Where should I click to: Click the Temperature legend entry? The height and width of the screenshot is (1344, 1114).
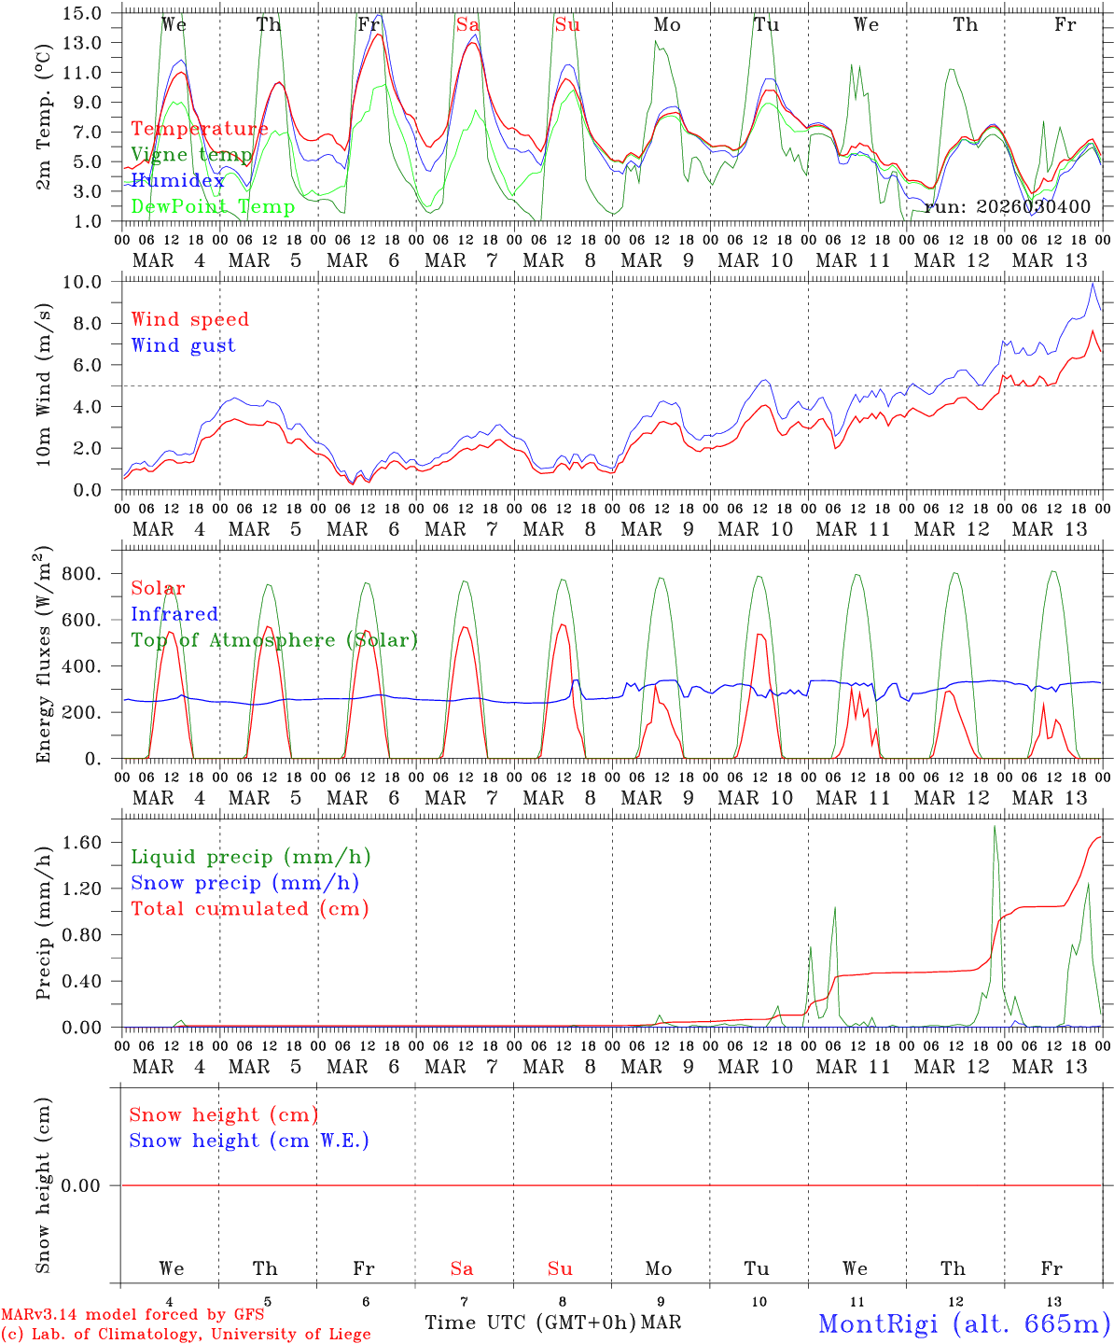[x=200, y=129]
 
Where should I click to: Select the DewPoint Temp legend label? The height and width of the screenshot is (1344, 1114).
[x=213, y=206]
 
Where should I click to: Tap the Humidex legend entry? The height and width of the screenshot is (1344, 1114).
[x=177, y=180]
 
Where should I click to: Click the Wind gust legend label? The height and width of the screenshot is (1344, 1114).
[x=183, y=345]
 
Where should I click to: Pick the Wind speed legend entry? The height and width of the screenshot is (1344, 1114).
[x=189, y=319]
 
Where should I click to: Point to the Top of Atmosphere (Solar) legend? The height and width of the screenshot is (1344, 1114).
[x=273, y=640]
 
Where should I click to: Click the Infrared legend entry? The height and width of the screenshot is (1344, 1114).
[x=174, y=614]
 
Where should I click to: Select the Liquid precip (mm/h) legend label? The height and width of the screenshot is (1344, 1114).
[x=250, y=857]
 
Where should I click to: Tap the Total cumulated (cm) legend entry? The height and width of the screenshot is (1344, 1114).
[x=249, y=908]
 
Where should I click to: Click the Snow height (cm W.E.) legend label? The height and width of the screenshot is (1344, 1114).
[x=249, y=1141]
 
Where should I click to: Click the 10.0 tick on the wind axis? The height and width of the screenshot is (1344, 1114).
[x=87, y=282]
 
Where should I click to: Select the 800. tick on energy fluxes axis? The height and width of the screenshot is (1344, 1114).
[x=81, y=574]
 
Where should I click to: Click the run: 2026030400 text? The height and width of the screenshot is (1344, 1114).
[x=1007, y=206]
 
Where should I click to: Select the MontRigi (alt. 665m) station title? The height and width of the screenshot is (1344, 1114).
[x=964, y=1323]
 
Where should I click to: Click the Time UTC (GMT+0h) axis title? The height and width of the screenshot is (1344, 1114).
[x=530, y=1323]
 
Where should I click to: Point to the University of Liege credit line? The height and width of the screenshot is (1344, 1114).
[x=186, y=1335]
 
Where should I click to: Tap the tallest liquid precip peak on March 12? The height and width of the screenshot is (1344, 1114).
[x=995, y=827]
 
